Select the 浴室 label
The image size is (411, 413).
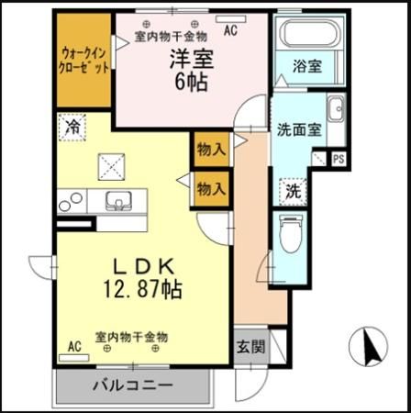306,67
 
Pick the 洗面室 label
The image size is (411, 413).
298,129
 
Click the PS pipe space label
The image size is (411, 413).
338,159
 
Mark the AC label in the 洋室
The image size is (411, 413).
229,28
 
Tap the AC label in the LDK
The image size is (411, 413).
74,346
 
